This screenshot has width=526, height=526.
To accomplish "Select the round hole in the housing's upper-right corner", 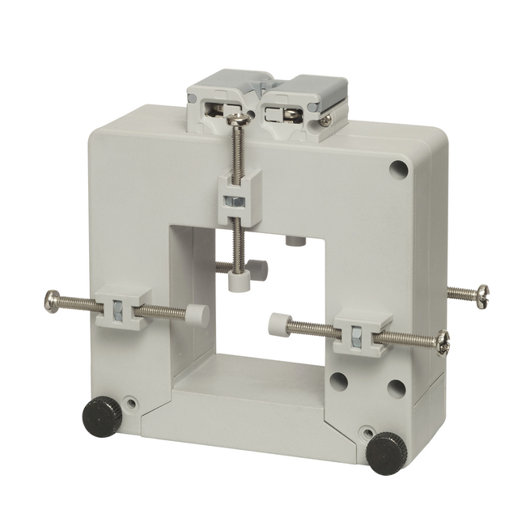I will [x=398, y=169].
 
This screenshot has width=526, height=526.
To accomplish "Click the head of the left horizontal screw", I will [x=50, y=303].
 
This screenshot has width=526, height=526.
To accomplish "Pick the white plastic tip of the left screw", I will [x=197, y=315].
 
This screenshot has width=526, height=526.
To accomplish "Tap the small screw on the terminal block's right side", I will [x=325, y=119].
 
